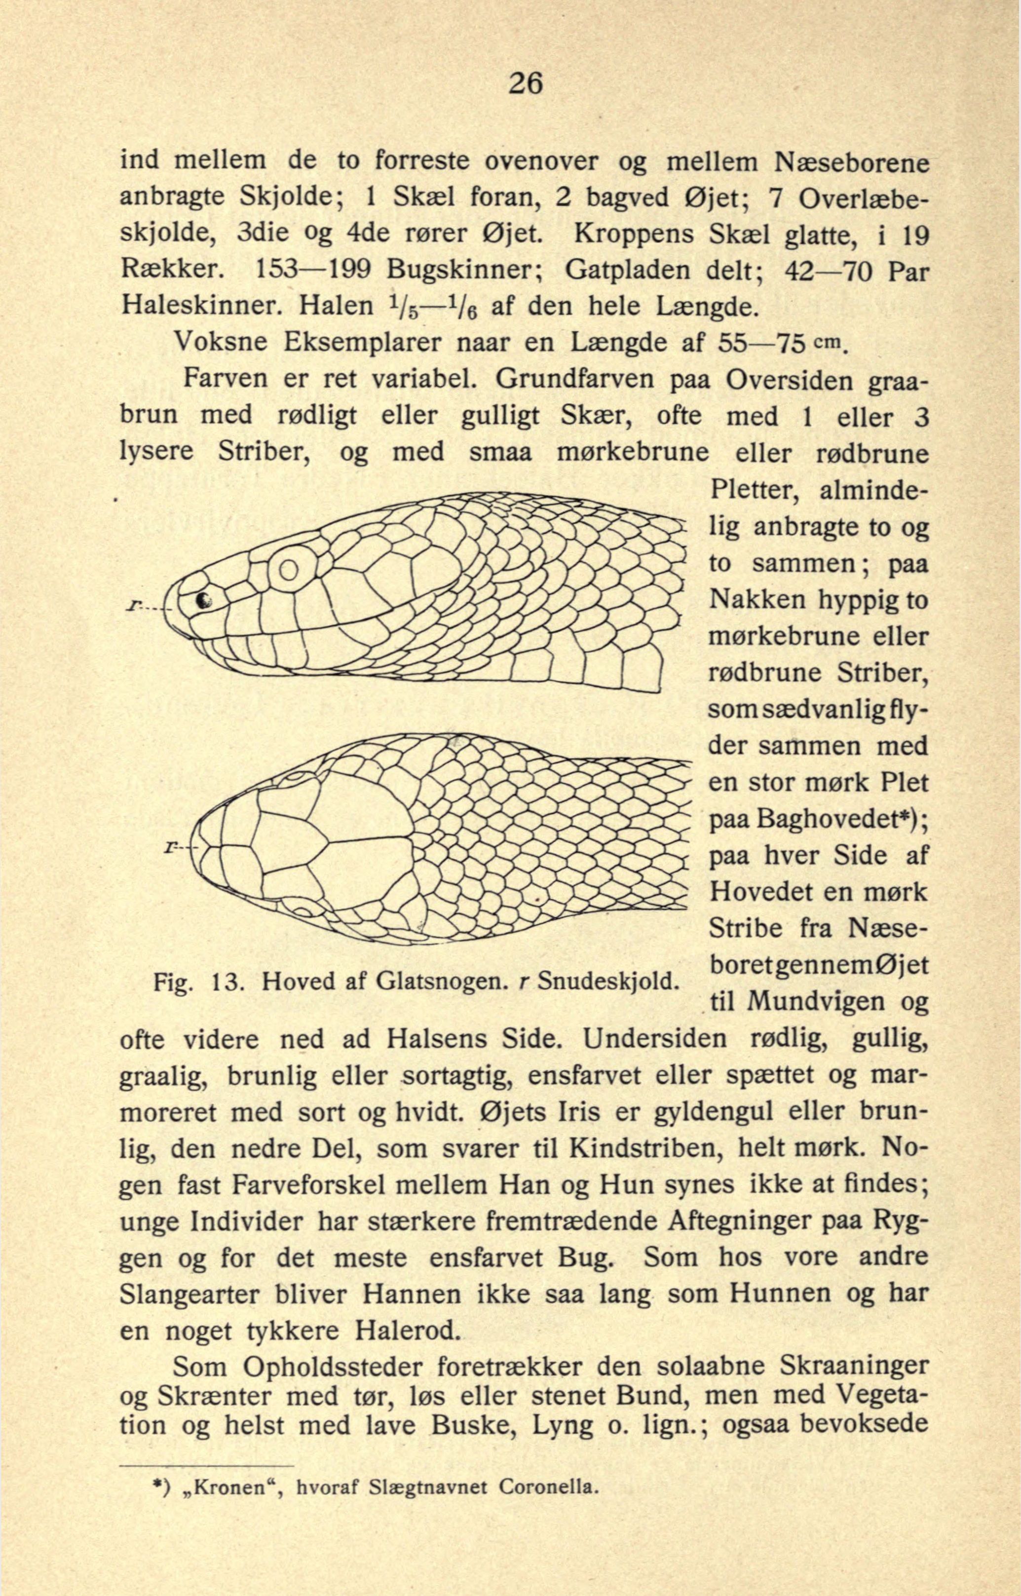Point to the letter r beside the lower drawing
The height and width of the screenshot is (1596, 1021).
[172, 847]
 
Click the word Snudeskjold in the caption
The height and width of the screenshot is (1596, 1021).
[608, 979]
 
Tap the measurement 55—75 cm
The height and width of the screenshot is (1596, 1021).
[782, 343]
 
